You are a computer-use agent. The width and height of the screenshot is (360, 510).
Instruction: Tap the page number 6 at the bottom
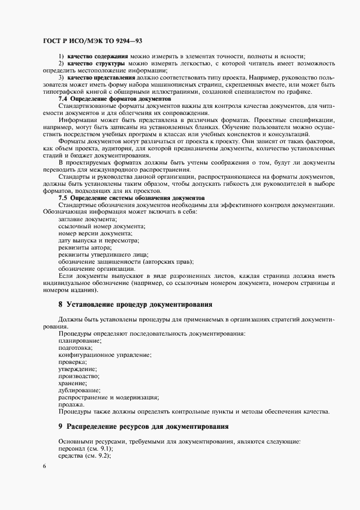pos(44,466)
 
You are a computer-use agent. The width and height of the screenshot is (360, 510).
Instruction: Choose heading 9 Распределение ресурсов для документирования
pos(143,426)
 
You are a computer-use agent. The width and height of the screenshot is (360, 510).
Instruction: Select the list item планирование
pos(80,341)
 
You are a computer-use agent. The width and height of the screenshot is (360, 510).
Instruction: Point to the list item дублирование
pos(79,390)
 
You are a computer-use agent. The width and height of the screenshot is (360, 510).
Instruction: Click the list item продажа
pos(71,404)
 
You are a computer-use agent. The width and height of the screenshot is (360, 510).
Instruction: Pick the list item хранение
pos(72,383)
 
